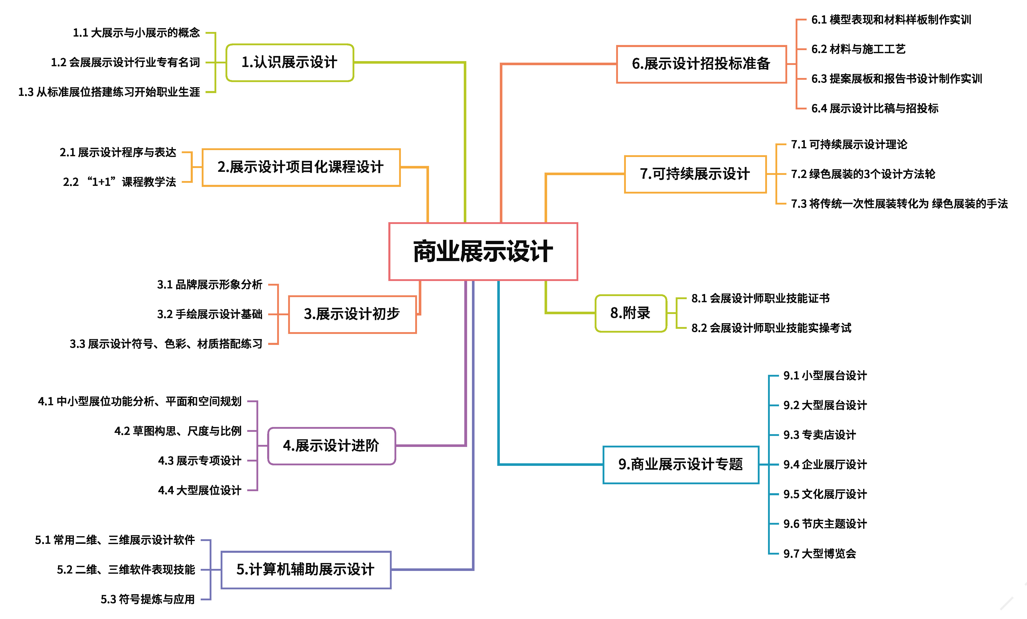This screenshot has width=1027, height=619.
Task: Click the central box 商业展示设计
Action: click(x=483, y=251)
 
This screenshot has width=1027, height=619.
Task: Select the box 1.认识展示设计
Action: click(x=290, y=63)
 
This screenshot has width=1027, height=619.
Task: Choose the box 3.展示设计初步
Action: click(x=352, y=314)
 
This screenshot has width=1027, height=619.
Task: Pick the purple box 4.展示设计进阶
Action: click(x=331, y=446)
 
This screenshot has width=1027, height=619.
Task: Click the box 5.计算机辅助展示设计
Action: click(x=306, y=569)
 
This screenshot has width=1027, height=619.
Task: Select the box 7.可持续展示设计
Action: click(x=695, y=174)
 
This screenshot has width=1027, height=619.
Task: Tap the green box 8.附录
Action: click(x=630, y=313)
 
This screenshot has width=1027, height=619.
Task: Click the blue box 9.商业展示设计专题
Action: click(x=681, y=464)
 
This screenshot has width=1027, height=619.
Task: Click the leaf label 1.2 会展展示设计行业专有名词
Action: click(x=126, y=63)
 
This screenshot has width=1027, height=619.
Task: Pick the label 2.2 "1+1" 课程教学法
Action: click(x=120, y=182)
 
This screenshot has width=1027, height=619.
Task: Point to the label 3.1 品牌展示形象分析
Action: click(x=210, y=285)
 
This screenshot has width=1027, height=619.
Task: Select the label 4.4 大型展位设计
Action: click(x=200, y=490)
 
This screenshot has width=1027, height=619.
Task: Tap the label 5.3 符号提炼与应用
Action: click(x=148, y=599)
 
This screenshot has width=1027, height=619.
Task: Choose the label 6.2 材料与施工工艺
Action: click(x=858, y=49)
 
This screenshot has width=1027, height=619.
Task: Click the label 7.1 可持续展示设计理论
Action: click(x=849, y=145)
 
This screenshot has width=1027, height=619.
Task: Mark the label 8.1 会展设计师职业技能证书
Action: click(x=760, y=298)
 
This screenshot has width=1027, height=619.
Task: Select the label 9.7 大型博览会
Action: click(x=819, y=554)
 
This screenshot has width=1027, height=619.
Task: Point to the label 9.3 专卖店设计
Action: click(x=819, y=435)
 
